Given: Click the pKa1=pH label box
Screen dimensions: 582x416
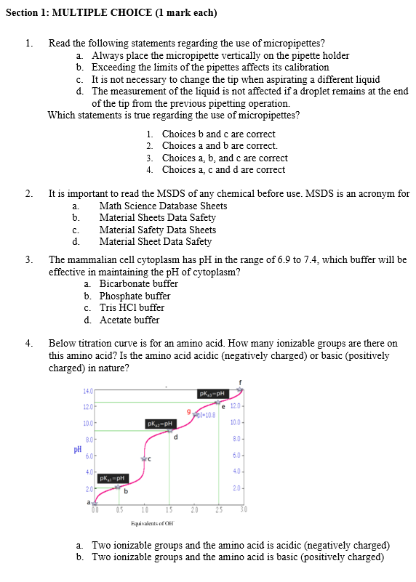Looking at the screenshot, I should click(113, 477).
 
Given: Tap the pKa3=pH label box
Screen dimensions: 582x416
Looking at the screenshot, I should click(212, 395).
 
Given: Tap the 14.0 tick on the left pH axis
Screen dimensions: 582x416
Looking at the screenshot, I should click(89, 393).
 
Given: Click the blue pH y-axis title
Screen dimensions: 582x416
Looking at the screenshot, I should click(77, 449).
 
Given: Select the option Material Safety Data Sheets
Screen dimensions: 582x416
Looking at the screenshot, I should click(157, 230).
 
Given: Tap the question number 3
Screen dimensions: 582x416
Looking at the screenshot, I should click(28, 259).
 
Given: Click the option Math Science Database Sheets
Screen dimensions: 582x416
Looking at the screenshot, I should click(163, 206).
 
